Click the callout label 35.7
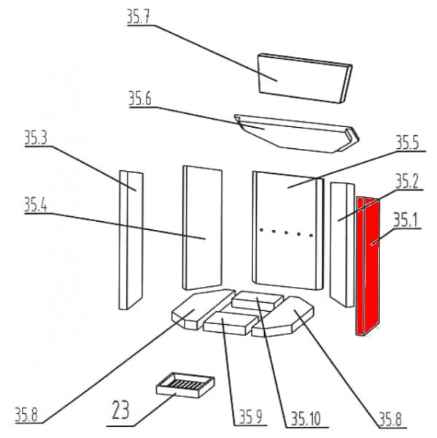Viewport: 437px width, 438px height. (139, 17)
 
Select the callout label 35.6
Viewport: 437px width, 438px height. (139, 99)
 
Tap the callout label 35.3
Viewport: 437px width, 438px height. (36, 138)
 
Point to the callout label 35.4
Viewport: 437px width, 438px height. (36, 204)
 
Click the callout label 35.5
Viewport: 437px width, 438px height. (408, 142)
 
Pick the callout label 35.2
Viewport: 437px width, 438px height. (407, 181)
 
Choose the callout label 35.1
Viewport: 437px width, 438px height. (405, 220)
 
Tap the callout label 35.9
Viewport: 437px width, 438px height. (251, 418)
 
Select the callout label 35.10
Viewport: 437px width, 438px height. (306, 418)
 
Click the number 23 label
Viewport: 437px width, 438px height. (120, 410)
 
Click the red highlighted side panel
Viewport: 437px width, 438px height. (368, 266)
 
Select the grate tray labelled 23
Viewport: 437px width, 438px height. (185, 385)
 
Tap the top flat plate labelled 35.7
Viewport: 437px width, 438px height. (304, 78)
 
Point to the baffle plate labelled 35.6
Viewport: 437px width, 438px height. (297, 134)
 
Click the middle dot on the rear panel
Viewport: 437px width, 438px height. (286, 232)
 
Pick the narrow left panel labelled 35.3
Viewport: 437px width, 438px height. (131, 239)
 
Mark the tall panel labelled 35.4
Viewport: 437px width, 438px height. (202, 228)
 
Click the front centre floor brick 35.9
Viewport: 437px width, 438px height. (229, 323)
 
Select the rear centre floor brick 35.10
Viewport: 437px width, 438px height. (257, 300)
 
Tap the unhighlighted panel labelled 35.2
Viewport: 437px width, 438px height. (342, 245)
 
